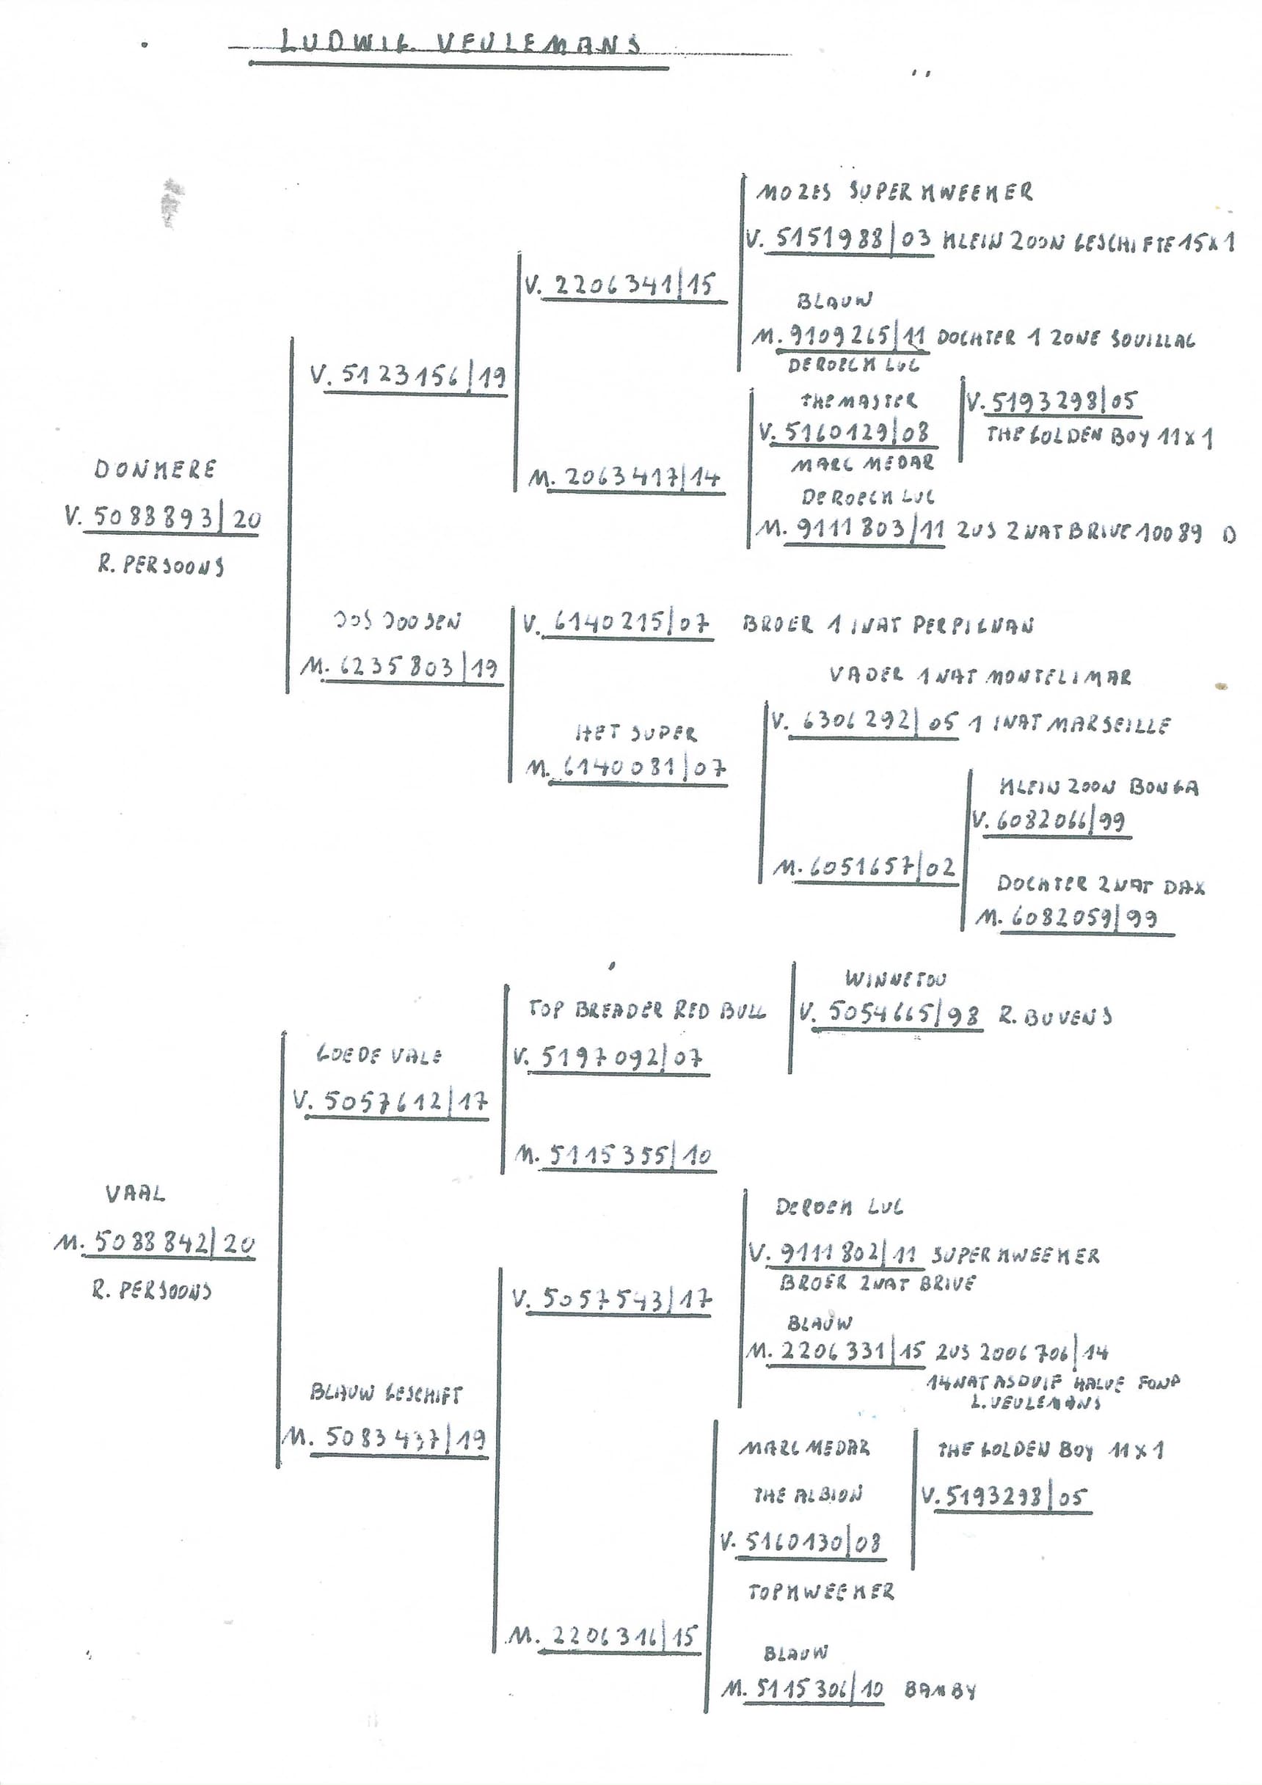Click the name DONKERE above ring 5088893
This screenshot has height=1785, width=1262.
156,470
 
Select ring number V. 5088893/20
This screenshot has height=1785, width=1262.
164,518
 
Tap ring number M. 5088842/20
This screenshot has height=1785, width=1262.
155,1243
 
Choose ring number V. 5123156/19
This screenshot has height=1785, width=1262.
408,377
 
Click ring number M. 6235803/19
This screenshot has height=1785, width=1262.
400,668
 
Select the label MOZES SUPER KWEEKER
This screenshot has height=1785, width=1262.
894,192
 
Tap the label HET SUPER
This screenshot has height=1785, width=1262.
636,733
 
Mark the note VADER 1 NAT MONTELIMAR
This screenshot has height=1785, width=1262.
980,676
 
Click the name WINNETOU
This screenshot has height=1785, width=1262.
895,979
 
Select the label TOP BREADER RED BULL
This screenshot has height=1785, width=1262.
646,1010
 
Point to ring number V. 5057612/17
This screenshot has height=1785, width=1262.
391,1102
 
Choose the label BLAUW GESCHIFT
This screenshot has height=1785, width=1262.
386,1393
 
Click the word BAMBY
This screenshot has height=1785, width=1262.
940,1690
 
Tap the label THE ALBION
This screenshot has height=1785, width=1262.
808,1495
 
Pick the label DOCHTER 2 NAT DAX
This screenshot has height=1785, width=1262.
1101,885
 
